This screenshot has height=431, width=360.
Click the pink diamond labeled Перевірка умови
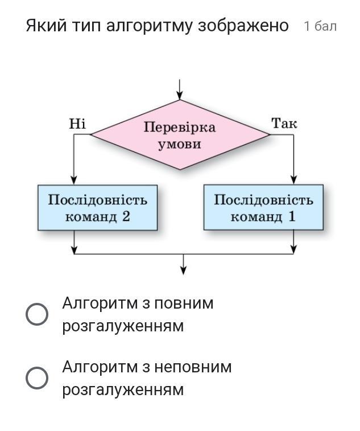pos(180,135)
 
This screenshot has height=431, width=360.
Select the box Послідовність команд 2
pos(97,207)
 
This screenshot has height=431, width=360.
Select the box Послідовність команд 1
pos(263,207)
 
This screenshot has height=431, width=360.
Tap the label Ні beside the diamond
pos(77,124)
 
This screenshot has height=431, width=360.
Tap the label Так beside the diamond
pos(284,124)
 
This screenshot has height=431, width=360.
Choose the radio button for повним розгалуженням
pos(37,314)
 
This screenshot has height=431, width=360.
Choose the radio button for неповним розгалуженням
pos(37,378)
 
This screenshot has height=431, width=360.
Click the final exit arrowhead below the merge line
pos(183,270)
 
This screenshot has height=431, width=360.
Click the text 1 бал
pos(320,26)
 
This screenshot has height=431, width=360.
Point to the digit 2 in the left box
pos(126,216)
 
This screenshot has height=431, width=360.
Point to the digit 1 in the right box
pos(292,216)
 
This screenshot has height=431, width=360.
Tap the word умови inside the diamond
pos(180,143)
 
